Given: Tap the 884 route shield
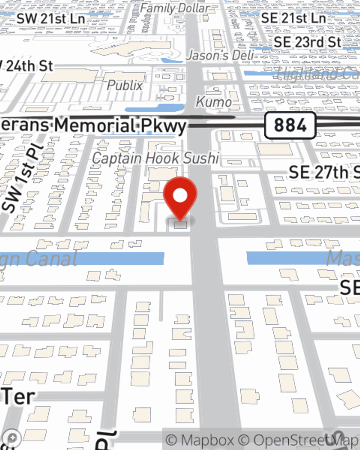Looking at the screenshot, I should [290, 125].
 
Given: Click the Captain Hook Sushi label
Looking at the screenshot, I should [156, 158].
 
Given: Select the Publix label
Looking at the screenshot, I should [125, 85].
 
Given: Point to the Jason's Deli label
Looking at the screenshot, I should [220, 55].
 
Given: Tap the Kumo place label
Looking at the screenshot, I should [214, 102].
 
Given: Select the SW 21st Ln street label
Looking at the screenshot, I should [51, 19].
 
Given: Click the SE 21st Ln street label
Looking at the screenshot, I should [293, 18].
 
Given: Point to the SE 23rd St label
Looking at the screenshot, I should [307, 42].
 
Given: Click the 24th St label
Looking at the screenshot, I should [27, 66].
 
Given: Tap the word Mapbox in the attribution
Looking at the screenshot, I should [207, 440].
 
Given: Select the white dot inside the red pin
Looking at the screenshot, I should [180, 195].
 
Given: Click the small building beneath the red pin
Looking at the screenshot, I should [180, 225].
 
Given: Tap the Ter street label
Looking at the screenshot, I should [19, 397].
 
